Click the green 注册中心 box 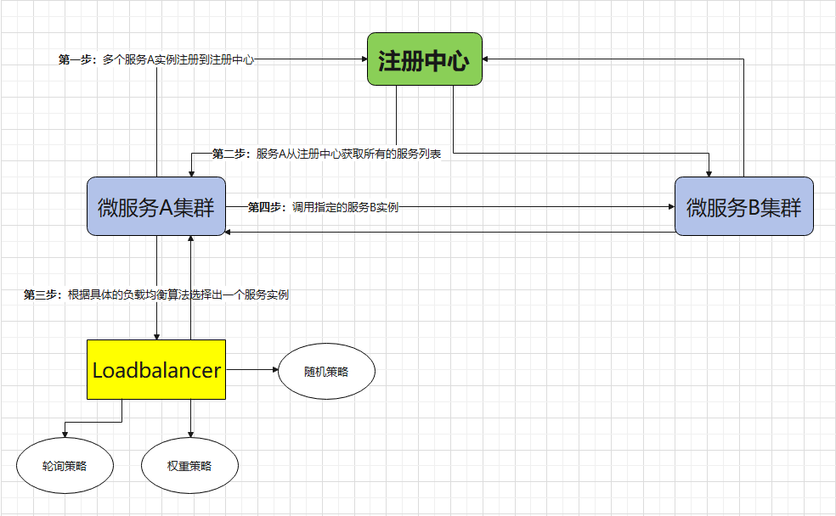pos(425,59)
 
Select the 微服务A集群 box pos(155,206)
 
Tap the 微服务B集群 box pos(743,206)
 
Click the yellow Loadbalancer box pos(156,370)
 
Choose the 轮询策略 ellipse pos(65,466)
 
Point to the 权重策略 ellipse pos(189,466)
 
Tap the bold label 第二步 pos(229,154)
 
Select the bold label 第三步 pos(41,295)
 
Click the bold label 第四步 pos(265,206)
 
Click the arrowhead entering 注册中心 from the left pos(363,59)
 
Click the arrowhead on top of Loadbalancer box pos(156,335)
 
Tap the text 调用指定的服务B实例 pos(345,206)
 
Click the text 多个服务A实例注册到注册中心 pos(178,60)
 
